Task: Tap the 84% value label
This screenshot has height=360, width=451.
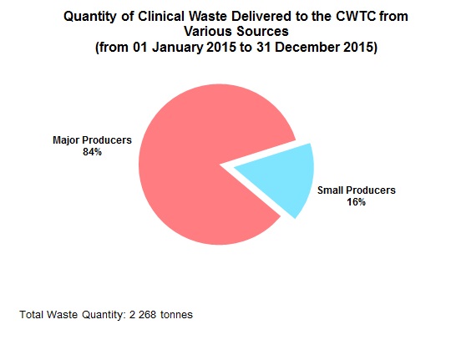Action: click(92, 152)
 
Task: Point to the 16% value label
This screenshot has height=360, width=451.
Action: click(356, 202)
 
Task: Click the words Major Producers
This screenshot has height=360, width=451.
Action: click(92, 140)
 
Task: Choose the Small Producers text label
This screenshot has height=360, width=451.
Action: click(357, 190)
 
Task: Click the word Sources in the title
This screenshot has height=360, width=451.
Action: click(262, 32)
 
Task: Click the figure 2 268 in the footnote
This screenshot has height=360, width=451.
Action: click(145, 315)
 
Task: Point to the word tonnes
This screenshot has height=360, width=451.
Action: click(180, 315)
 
